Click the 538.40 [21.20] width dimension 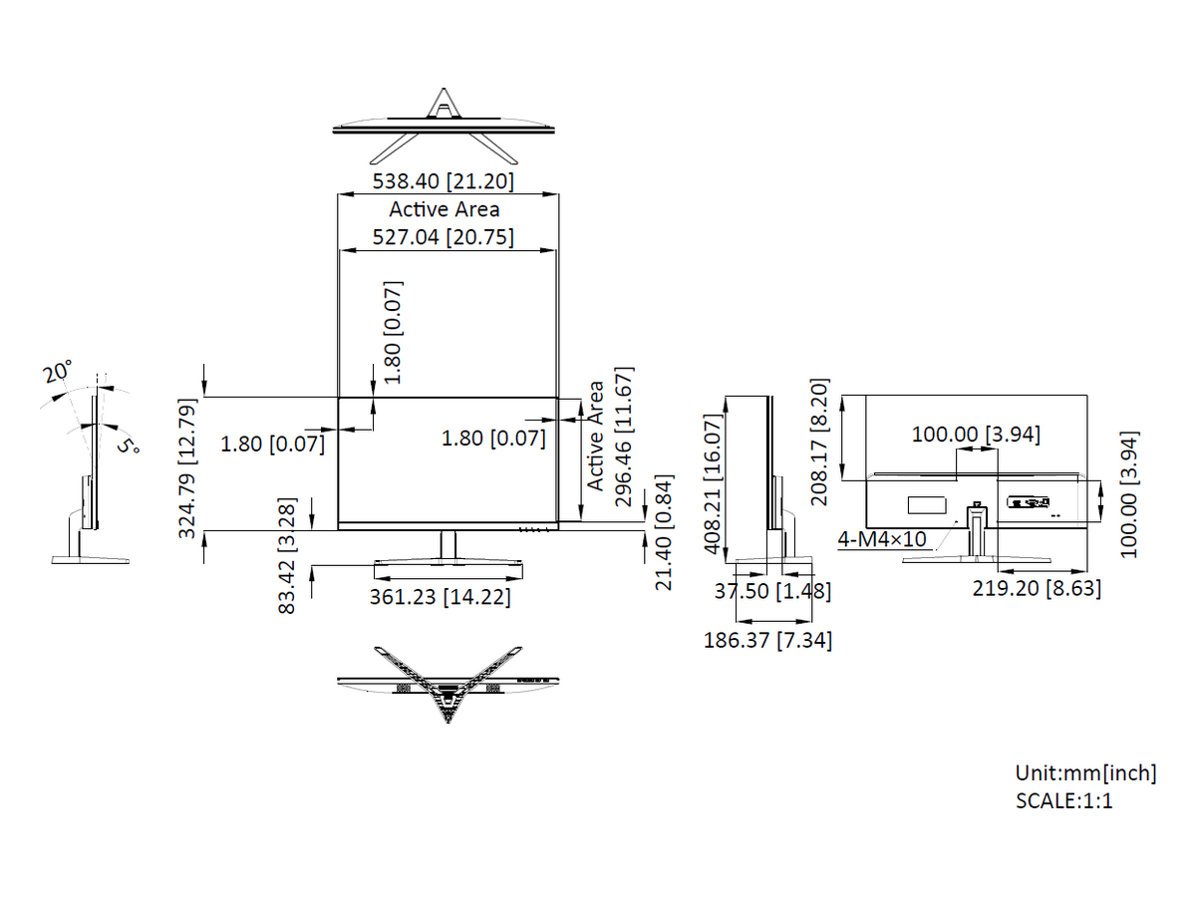(x=443, y=181)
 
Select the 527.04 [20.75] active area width (x=443, y=237)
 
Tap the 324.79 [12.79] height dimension (x=187, y=468)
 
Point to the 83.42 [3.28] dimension (x=287, y=555)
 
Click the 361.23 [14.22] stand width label (x=441, y=597)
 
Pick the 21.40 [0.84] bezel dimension (x=664, y=532)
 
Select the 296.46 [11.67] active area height (x=624, y=437)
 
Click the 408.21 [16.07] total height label (x=713, y=484)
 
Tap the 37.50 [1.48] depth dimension (x=772, y=591)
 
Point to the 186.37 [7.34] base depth (x=767, y=641)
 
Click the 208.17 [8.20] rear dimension (x=819, y=443)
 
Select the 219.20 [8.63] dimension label (x=1037, y=589)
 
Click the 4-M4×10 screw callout (x=882, y=540)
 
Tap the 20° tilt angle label (x=57, y=372)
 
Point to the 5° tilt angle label (x=129, y=446)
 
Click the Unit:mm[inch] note (x=1086, y=773)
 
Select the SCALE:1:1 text (x=1064, y=801)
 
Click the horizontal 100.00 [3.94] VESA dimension (x=976, y=435)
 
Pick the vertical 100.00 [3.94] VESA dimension (x=1129, y=494)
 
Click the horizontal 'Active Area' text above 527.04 (x=445, y=209)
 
